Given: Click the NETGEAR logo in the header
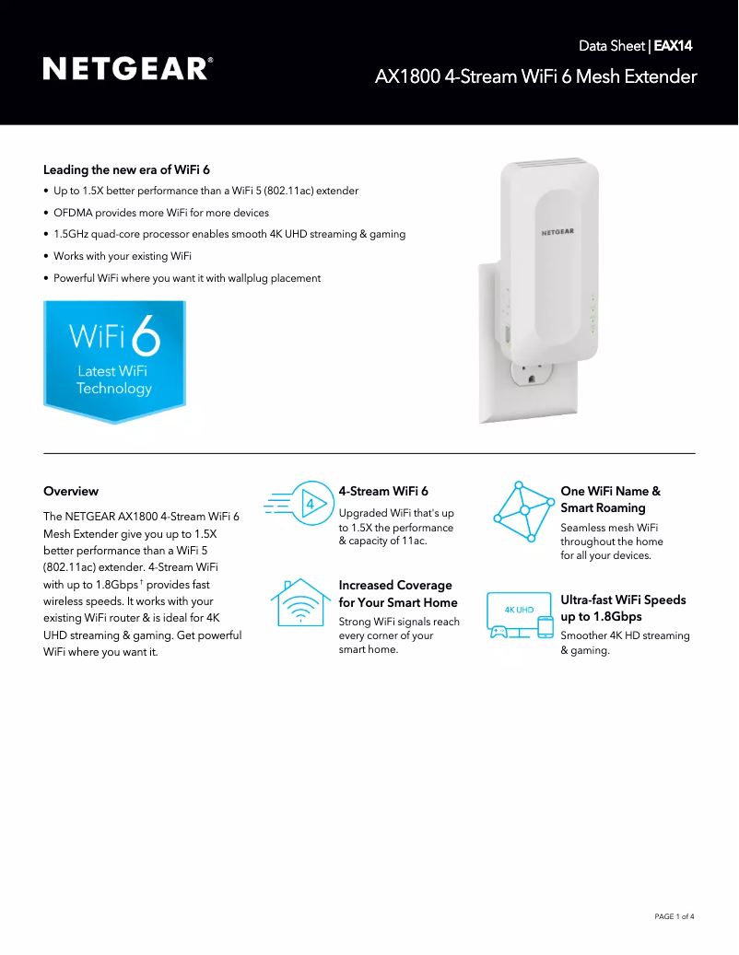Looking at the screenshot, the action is pyautogui.click(x=128, y=69).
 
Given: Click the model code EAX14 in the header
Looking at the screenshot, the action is pyautogui.click(x=674, y=46).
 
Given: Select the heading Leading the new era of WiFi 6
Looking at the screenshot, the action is pyautogui.click(x=127, y=170).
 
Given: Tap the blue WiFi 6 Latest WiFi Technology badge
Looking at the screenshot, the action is pyautogui.click(x=114, y=362).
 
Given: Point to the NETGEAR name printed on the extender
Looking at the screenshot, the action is pyautogui.click(x=557, y=232).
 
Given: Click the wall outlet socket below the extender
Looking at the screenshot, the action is pyautogui.click(x=532, y=375).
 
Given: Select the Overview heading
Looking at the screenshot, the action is pyautogui.click(x=71, y=491).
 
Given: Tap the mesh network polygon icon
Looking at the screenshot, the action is pyautogui.click(x=522, y=511).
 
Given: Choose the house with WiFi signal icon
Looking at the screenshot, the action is pyautogui.click(x=301, y=602).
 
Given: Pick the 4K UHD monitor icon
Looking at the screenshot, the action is pyautogui.click(x=520, y=616).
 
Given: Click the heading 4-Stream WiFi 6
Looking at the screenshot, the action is pyautogui.click(x=383, y=491).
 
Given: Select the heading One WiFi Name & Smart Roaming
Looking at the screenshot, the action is pyautogui.click(x=610, y=499).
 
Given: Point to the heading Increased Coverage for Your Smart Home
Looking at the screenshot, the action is pyautogui.click(x=398, y=594).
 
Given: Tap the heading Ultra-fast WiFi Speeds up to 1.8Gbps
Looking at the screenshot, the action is pyautogui.click(x=623, y=608).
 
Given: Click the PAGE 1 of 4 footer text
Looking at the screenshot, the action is pyautogui.click(x=674, y=916).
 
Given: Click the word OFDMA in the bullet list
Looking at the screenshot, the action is pyautogui.click(x=73, y=213).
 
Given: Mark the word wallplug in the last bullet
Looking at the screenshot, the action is pyautogui.click(x=248, y=278).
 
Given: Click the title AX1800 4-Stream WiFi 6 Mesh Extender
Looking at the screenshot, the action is pyautogui.click(x=536, y=76).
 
